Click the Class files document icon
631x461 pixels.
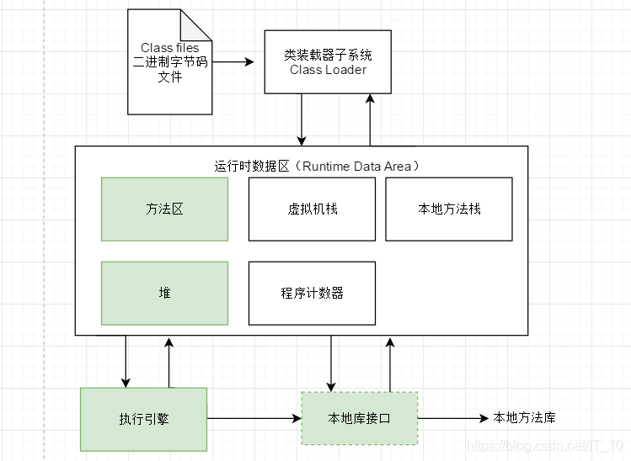coord(169,62)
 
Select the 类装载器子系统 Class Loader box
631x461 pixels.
coord(328,61)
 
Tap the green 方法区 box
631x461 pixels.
coord(164,209)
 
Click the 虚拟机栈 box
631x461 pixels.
coord(312,209)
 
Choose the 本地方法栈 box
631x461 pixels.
coord(449,209)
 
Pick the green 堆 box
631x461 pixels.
coord(164,293)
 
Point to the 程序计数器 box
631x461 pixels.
coord(312,293)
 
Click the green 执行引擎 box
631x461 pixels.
coord(143,418)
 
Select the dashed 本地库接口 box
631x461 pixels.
coord(359,418)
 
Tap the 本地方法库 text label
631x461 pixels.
coord(524,417)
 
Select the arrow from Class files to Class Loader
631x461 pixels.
coord(233,62)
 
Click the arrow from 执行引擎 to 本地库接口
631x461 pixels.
coord(254,418)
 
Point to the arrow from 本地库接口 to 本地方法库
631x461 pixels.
coord(452,418)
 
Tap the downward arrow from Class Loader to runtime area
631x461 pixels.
coord(302,119)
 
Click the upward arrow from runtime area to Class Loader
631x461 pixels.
coord(370,119)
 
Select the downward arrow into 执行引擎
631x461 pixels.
coord(126,361)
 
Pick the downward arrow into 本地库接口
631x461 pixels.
coord(332,363)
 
